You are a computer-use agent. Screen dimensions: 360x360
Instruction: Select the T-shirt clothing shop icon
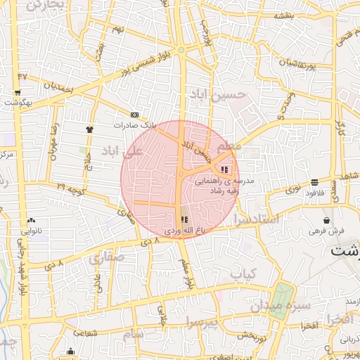89,129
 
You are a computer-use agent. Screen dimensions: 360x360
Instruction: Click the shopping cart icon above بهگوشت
16,92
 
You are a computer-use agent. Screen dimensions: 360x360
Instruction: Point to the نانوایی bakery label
34,230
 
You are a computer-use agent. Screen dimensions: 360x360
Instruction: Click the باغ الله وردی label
184,230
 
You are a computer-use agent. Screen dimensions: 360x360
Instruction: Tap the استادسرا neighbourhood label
258,220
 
